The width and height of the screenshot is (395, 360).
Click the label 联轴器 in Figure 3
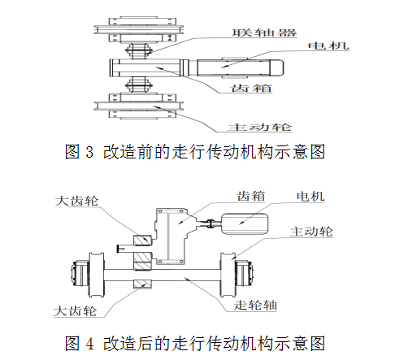point(264,33)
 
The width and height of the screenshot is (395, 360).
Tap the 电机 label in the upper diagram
point(328,46)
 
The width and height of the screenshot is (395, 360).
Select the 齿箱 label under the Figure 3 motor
point(251,88)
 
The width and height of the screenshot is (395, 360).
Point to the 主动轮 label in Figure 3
point(259,127)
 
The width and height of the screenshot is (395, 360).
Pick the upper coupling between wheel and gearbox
point(138,50)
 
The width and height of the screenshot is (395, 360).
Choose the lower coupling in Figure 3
point(138,85)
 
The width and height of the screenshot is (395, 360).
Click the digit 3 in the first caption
point(89,152)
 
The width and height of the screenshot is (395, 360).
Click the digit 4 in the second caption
point(90,344)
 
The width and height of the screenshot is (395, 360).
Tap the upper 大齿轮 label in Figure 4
point(76,201)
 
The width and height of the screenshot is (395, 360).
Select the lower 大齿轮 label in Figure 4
point(76,311)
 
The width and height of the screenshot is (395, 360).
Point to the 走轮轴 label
point(255,306)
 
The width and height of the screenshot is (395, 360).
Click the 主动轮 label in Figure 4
point(311,232)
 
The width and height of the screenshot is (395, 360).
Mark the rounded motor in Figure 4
point(245,224)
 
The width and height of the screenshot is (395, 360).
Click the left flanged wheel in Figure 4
point(97,275)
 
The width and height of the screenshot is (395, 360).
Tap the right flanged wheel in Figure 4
point(228,275)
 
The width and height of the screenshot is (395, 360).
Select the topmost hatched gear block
point(142,241)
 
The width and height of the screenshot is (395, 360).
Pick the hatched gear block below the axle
point(142,284)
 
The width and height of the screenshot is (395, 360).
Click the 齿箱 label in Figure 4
point(250,196)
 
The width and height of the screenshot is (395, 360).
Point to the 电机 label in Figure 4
point(310,197)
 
